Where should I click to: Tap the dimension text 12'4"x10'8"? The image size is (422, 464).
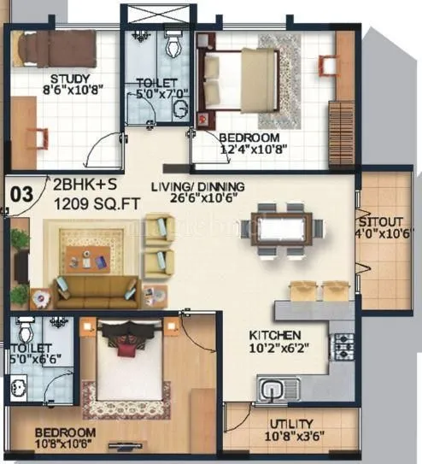[249, 151]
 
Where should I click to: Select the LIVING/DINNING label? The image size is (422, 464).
[197, 187]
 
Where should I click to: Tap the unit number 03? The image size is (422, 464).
[21, 194]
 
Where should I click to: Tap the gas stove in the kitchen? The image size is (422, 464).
[343, 345]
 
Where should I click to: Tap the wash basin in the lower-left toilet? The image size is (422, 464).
[19, 390]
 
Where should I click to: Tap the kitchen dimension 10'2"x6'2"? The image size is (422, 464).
[275, 349]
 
